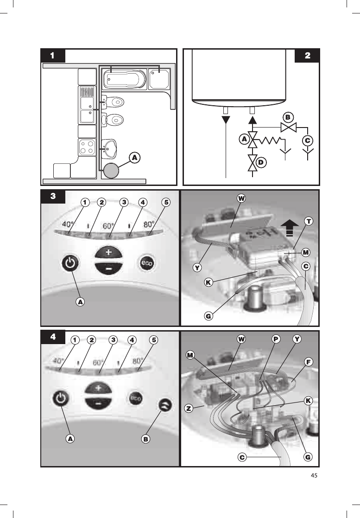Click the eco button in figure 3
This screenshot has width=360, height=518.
coord(146,264)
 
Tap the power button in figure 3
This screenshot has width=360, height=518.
coord(69,264)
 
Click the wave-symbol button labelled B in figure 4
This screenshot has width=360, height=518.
coord(165,405)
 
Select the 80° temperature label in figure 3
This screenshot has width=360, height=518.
coord(148,224)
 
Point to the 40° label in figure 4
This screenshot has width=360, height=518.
coord(58,360)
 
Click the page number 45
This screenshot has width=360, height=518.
coord(315,474)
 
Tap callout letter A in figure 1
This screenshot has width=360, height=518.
coord(134,158)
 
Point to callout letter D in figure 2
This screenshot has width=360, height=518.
coord(261,162)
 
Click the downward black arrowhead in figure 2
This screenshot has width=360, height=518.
coord(226,119)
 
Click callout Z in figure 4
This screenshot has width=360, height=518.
coord(188,409)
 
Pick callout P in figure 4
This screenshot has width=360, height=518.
coord(276,339)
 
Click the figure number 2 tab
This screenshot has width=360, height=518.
coord(308,56)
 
